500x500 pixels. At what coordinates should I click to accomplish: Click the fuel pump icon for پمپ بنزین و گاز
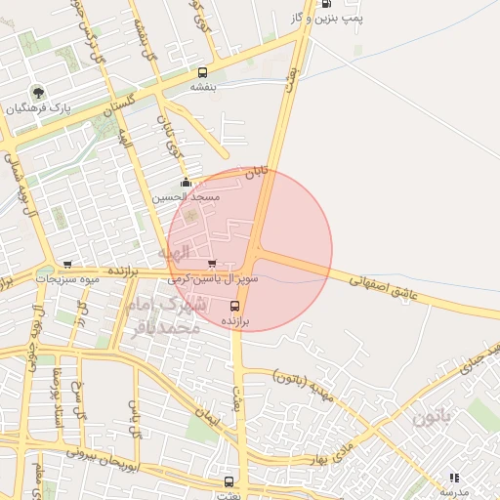click(x=325, y=4)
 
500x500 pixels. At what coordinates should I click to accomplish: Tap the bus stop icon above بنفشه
click(x=202, y=72)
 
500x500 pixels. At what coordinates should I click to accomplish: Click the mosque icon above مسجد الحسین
click(x=186, y=182)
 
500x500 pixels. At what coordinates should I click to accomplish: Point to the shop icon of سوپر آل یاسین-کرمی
click(x=212, y=264)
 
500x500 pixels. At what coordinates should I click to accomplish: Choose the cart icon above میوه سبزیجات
click(x=67, y=264)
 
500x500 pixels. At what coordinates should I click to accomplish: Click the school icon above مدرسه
click(x=453, y=478)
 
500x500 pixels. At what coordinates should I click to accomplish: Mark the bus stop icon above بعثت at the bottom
click(x=229, y=481)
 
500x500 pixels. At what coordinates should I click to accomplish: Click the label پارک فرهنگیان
click(x=39, y=108)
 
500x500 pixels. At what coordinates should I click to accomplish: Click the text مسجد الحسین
click(x=186, y=196)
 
